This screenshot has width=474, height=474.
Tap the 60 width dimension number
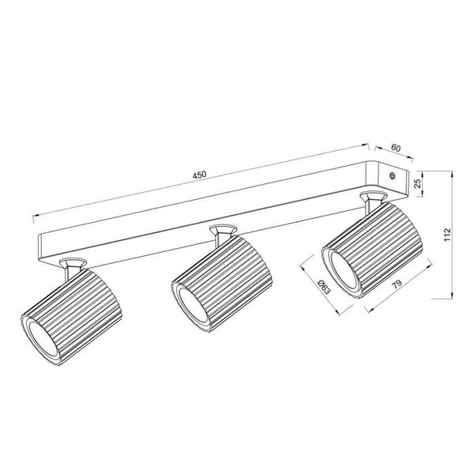[395, 148]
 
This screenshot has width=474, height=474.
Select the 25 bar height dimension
[417, 183]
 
